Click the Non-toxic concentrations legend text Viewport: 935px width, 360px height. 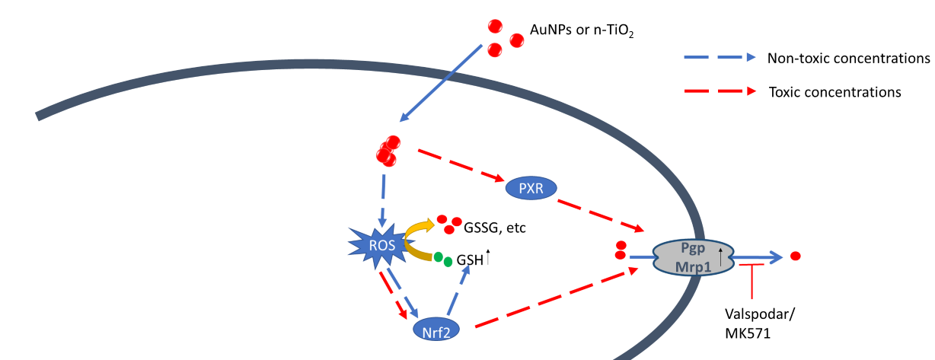click(848, 58)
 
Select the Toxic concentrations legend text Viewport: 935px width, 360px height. click(834, 92)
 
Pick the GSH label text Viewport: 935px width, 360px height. click(469, 260)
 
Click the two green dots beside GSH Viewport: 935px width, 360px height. click(443, 259)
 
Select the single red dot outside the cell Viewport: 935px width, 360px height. click(796, 256)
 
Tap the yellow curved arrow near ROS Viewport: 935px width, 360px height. click(420, 224)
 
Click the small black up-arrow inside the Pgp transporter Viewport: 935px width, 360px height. click(721, 250)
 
